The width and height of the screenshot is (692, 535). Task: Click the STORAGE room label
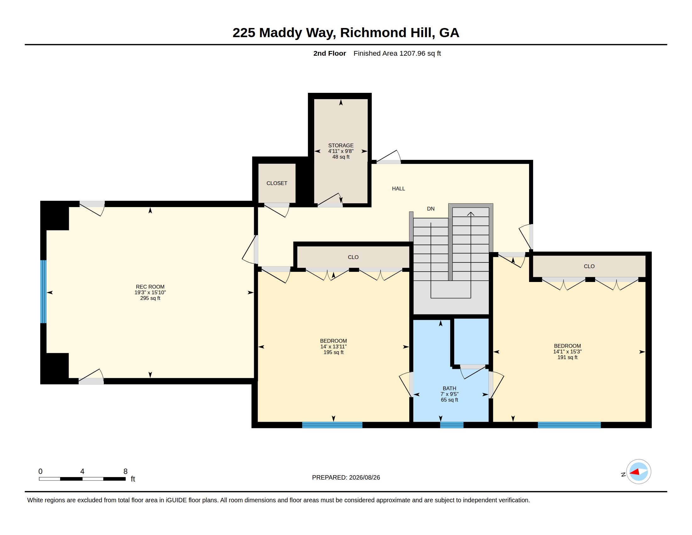point(341,145)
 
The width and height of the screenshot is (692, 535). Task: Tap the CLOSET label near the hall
point(276,183)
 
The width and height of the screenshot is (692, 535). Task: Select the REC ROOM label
point(150,287)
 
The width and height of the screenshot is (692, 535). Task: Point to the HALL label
point(398,189)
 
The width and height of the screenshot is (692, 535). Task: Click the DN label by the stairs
point(431,209)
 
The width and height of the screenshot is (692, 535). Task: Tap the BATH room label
point(449,389)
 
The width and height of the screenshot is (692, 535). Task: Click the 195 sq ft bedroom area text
point(333,352)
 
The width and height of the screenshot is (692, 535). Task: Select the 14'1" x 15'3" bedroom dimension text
point(567,352)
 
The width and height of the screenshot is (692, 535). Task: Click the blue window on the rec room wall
point(43,292)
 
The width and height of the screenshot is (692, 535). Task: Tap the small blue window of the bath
point(451,425)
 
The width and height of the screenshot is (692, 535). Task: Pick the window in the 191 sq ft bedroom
point(569,425)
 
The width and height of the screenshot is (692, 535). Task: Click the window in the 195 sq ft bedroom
point(332,425)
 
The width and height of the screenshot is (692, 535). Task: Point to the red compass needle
point(635,472)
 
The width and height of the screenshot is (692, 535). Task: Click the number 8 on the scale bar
point(126,471)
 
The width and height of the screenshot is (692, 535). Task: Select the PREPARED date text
point(346,477)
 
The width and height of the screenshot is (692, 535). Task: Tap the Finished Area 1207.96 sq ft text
point(397,53)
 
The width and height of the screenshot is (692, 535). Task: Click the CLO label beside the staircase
point(353,257)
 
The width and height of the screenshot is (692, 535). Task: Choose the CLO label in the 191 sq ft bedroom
point(589,267)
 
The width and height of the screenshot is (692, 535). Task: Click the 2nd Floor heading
point(330,53)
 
